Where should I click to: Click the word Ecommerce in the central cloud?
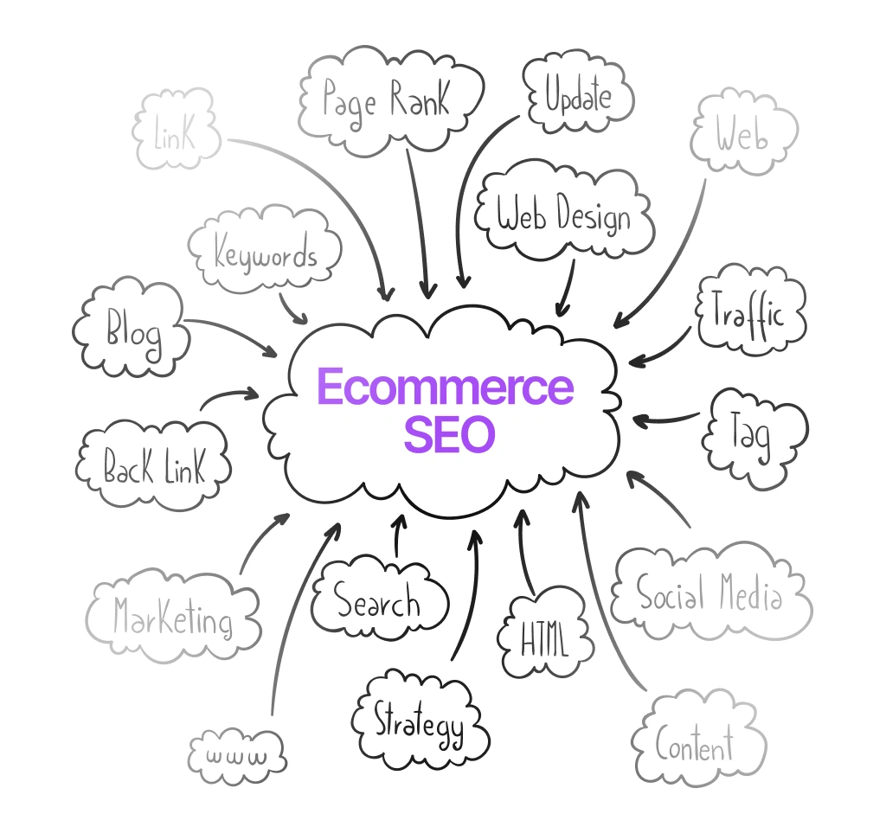(x=446, y=387)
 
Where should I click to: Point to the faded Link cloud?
(x=176, y=130)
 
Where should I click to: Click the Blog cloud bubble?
(x=132, y=327)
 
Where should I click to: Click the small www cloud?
(x=237, y=756)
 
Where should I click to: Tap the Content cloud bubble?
(x=698, y=740)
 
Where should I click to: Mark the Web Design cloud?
(x=564, y=212)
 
